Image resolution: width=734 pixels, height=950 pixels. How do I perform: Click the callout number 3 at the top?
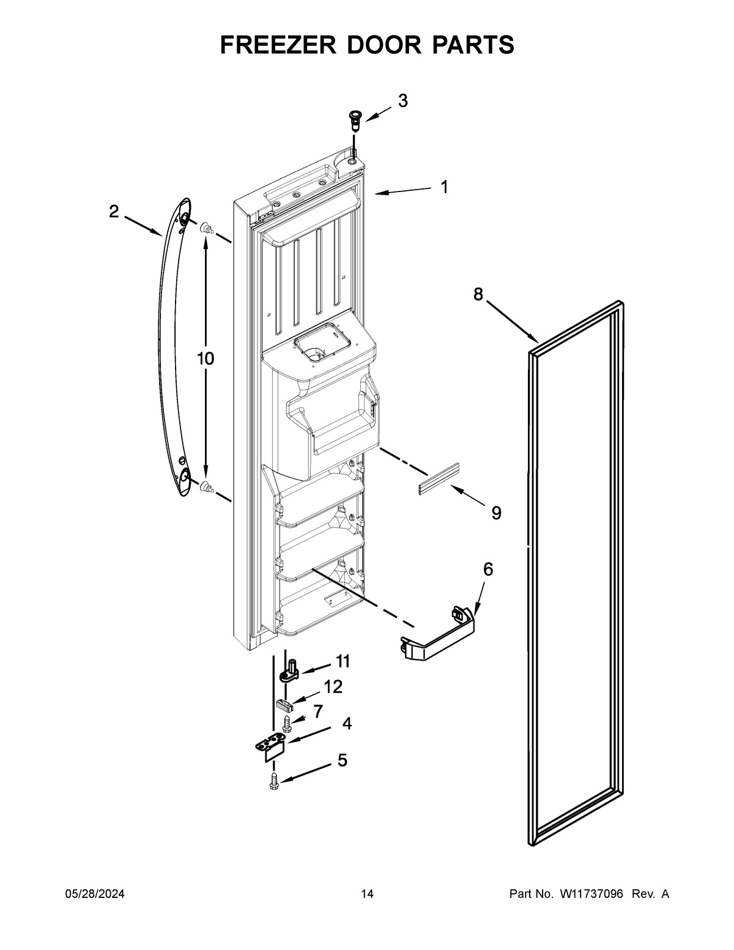tap(402, 101)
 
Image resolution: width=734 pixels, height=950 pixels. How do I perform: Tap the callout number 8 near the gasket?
tap(478, 295)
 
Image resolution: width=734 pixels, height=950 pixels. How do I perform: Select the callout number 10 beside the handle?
tap(206, 358)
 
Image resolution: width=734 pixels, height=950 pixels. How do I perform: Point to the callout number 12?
tap(333, 687)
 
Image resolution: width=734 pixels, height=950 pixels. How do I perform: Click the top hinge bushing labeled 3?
tap(354, 118)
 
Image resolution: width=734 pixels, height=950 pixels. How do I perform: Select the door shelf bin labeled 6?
tap(438, 642)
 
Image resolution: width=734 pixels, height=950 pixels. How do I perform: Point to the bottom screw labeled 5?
tap(273, 781)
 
